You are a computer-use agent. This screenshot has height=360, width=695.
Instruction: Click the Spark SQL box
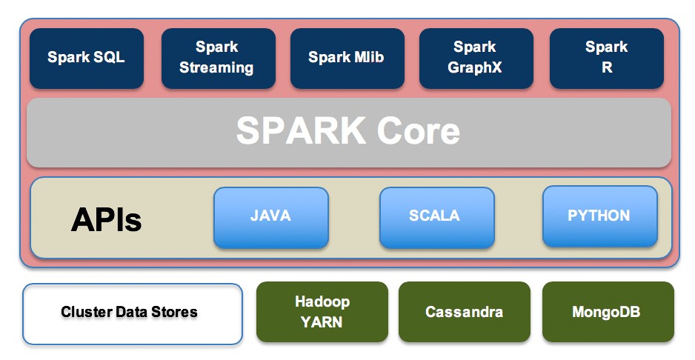coord(87,58)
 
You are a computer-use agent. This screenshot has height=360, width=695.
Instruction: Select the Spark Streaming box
coord(216,58)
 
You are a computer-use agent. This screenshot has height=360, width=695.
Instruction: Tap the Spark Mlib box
coord(346,58)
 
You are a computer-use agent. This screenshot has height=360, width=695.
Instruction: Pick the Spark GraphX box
coord(475,58)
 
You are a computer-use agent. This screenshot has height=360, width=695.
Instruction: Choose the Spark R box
coord(606,58)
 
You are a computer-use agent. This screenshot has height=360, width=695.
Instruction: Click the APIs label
coord(106,219)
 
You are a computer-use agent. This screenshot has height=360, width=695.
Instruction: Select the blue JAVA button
coord(270,217)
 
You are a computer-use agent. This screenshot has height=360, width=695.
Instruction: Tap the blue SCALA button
coord(436,217)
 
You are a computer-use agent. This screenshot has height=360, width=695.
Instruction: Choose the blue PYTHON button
coord(599,217)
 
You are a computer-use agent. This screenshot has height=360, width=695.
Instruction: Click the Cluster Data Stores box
coord(132,313)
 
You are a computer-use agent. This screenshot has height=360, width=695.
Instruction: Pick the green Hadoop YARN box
coord(322,312)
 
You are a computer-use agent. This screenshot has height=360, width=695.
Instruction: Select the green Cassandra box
coord(465,312)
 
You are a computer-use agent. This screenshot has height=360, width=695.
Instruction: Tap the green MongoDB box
coord(608,312)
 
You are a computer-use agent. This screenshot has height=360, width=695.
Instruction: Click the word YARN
coord(322,321)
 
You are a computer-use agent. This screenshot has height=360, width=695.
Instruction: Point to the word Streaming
coord(216,67)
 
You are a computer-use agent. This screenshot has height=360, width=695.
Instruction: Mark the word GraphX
coord(475,67)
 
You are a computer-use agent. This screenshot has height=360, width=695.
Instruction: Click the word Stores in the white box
coord(176,312)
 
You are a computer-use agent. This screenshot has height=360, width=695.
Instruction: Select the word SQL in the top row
coord(109,58)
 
